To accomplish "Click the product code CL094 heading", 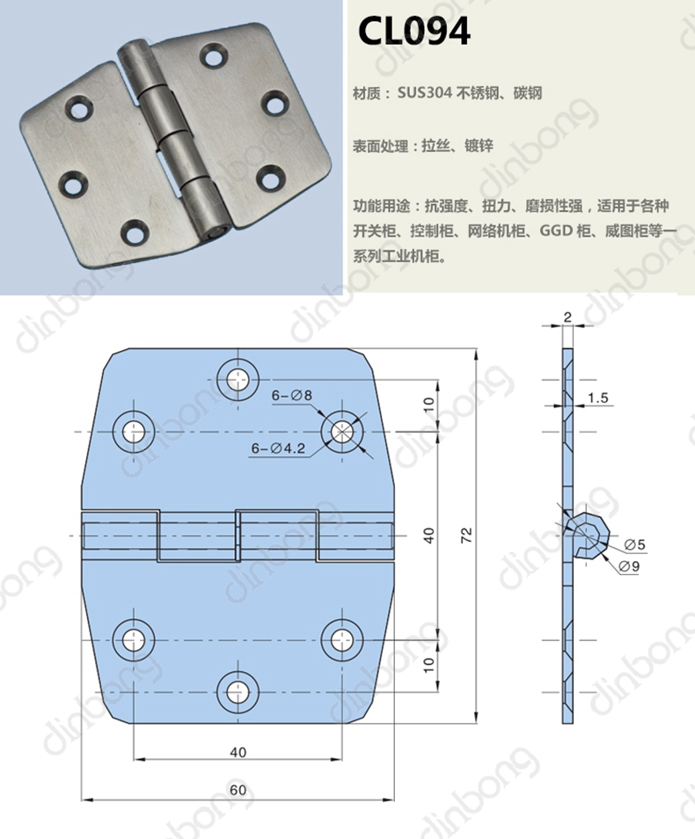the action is [413, 31].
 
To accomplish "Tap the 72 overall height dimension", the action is [467, 535].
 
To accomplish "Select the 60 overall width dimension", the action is [238, 790].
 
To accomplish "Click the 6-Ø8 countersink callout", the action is [292, 396].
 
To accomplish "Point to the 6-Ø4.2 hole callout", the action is [278, 448].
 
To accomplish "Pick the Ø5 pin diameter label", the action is [635, 544].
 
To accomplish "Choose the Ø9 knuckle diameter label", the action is [629, 566].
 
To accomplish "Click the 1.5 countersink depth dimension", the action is [597, 398].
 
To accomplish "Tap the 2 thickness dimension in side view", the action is [567, 317].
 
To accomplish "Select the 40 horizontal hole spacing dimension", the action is [238, 752].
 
